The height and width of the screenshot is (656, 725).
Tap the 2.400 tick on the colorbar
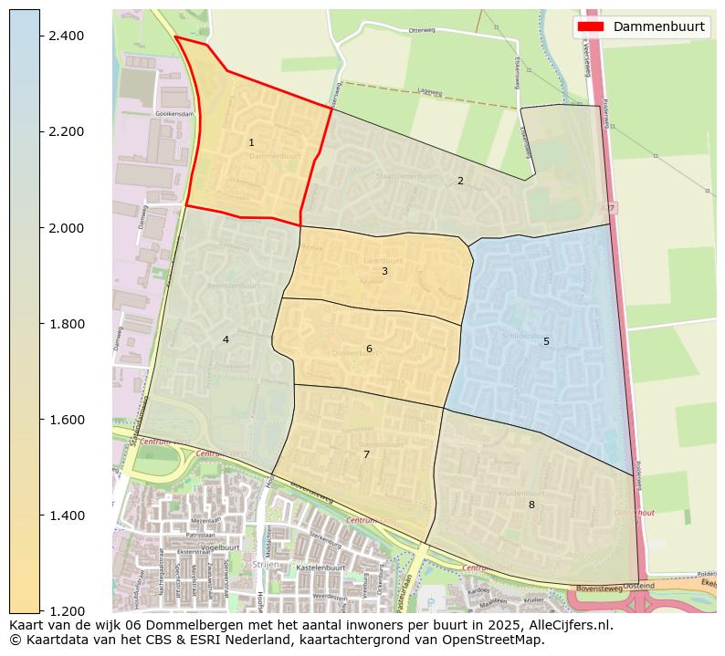65,36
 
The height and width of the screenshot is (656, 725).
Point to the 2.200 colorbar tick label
65,131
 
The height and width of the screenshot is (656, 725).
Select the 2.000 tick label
65,228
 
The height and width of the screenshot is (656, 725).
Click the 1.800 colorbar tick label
65,324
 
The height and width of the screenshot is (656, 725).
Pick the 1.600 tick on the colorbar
65,420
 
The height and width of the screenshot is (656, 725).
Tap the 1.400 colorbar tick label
65,515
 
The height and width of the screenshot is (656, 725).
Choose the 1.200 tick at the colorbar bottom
65,611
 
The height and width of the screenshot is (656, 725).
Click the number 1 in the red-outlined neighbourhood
251,143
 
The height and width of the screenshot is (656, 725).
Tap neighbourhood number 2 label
460,181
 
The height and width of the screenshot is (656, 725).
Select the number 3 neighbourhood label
384,271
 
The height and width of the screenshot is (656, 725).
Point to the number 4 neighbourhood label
226,340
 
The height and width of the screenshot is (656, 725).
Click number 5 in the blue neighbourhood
546,342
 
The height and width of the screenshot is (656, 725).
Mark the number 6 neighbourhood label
369,349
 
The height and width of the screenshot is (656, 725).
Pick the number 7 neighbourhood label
366,454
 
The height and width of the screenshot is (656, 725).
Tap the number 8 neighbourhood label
531,505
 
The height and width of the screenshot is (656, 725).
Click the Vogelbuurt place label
219,547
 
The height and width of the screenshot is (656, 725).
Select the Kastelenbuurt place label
319,567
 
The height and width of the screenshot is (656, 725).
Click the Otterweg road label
423,30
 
